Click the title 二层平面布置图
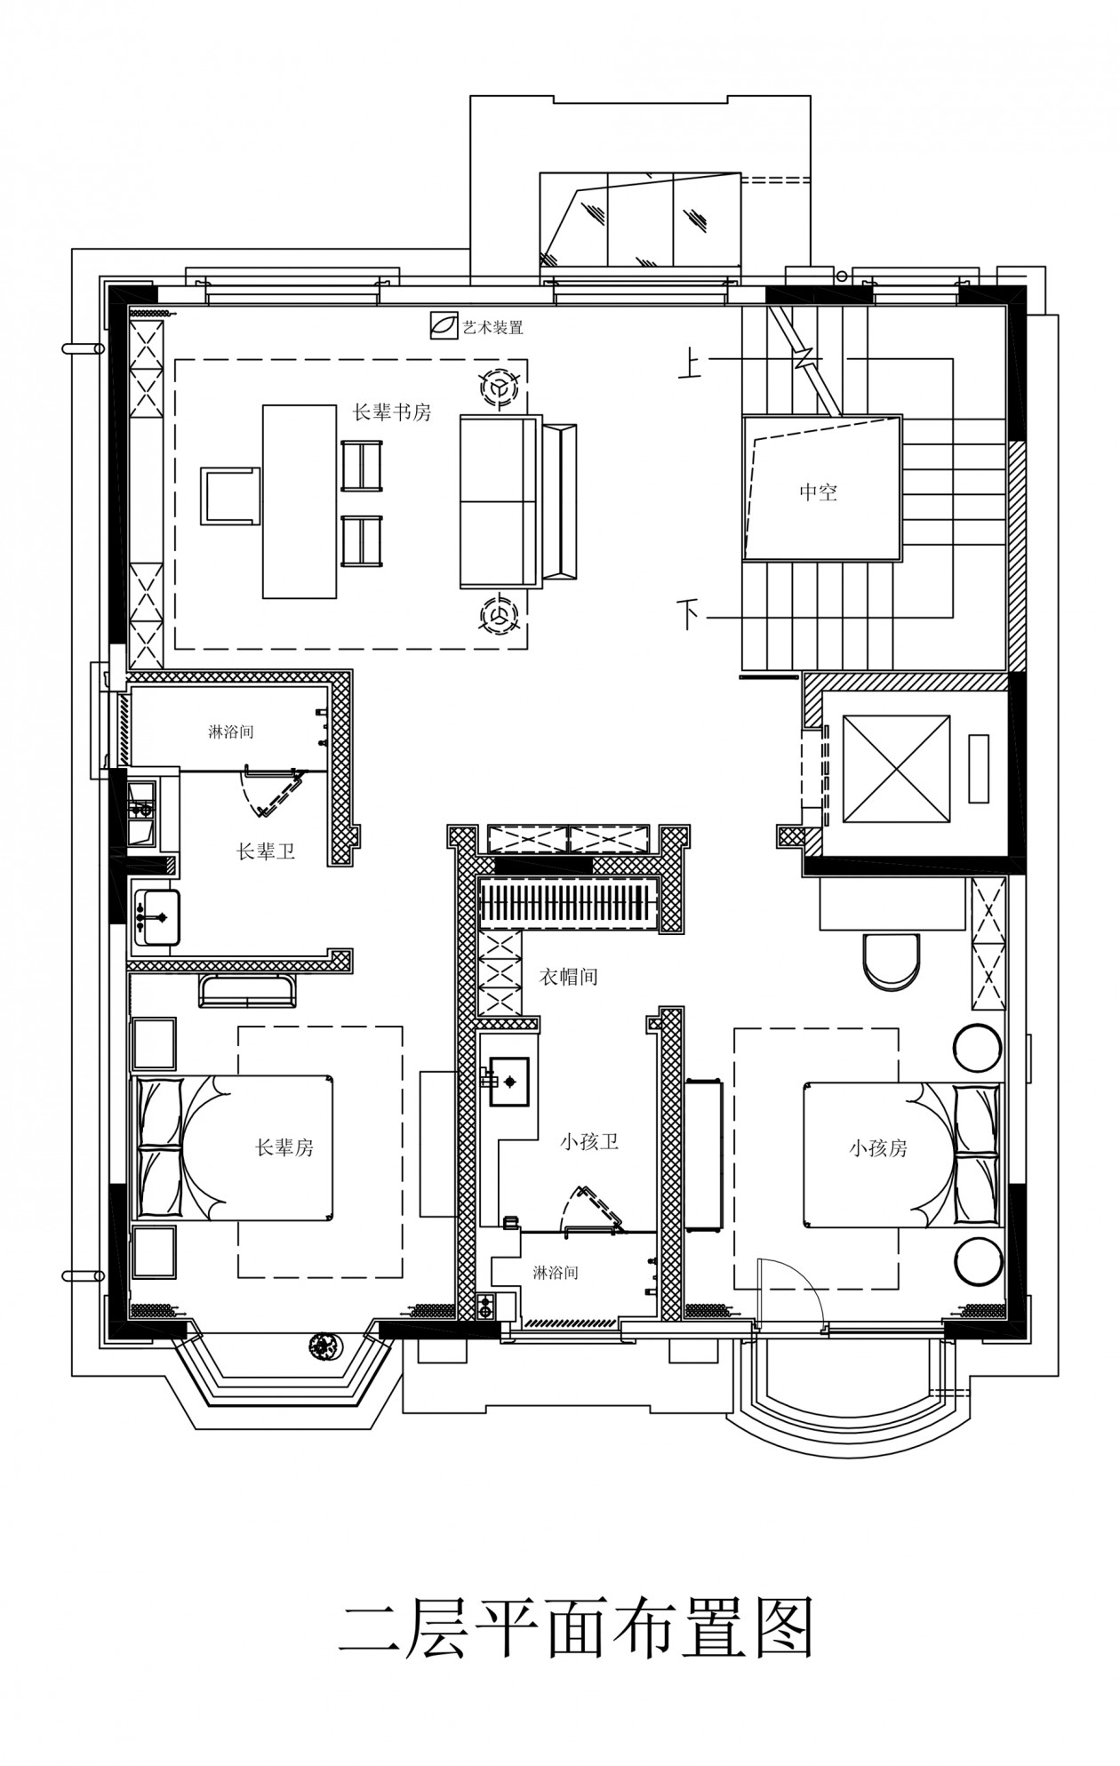[x=575, y=1628]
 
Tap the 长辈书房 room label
[x=392, y=412]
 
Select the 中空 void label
[x=818, y=491]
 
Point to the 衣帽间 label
[x=569, y=977]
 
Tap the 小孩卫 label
[x=589, y=1142]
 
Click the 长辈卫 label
[x=265, y=851]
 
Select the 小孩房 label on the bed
[x=878, y=1148]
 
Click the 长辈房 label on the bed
[x=284, y=1148]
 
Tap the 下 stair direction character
[x=689, y=614]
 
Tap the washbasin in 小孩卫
[x=508, y=1081]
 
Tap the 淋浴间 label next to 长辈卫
[x=231, y=732]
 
